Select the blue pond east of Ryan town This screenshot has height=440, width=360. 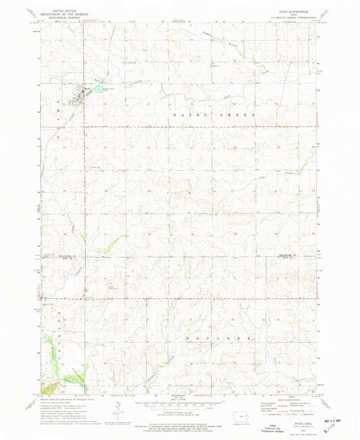click(99, 89)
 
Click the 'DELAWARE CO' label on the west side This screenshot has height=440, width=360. click(49, 258)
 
